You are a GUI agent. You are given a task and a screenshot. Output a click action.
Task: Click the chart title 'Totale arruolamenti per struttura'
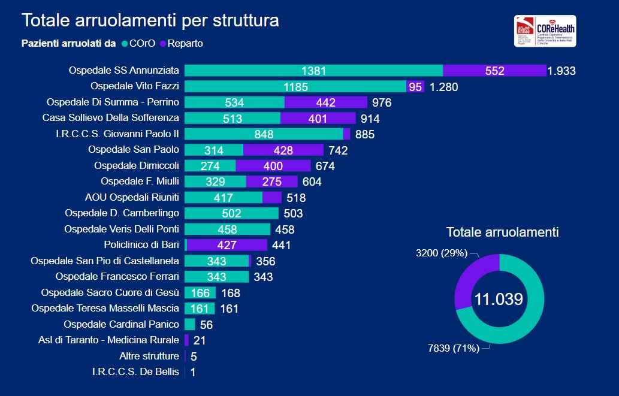point(150,20)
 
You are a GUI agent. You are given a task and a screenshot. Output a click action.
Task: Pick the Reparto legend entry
point(185,43)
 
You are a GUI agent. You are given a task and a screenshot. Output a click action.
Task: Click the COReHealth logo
point(545,31)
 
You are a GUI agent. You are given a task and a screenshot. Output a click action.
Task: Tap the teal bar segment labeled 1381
point(313,71)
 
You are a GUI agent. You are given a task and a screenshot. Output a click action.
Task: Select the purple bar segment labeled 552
point(494,71)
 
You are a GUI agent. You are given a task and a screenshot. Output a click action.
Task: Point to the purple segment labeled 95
point(415,86)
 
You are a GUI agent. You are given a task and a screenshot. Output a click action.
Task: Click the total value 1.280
point(443,87)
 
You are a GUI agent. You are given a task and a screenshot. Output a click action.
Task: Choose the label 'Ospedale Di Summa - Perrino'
point(113,102)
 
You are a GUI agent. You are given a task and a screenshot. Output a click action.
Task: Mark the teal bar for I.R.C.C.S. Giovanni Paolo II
point(264,134)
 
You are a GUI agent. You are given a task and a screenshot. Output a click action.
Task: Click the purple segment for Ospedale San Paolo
point(283,149)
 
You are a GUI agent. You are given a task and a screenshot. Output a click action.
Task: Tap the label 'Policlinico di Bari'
point(141,244)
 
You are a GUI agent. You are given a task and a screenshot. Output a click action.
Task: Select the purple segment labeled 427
point(227,244)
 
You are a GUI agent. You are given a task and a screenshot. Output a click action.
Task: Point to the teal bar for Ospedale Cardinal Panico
point(189,324)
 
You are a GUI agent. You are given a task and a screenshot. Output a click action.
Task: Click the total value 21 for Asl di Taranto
point(200,340)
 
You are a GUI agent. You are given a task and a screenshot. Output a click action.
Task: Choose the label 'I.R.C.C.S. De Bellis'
point(135,372)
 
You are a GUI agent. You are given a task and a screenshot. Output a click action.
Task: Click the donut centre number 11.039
point(499,299)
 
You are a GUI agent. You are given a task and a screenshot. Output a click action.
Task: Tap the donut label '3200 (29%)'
point(441,253)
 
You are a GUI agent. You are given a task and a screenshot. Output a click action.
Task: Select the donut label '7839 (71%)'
point(454,348)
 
